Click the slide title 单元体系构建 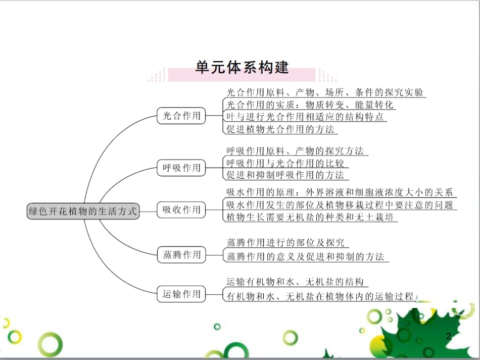[242, 68]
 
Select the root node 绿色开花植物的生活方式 [83, 212]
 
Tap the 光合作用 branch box [181, 116]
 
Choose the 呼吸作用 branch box [181, 168]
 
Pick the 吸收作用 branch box [181, 210]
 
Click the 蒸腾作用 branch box [181, 255]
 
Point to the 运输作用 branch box [181, 294]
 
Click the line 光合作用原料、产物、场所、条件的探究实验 [325, 92]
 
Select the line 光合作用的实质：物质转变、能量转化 [310, 105]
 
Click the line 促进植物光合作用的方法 [280, 129]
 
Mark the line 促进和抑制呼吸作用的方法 [285, 175]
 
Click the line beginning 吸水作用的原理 [340, 192]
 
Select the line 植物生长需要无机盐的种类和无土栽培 [310, 217]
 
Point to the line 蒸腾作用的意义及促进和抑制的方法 [305, 256]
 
